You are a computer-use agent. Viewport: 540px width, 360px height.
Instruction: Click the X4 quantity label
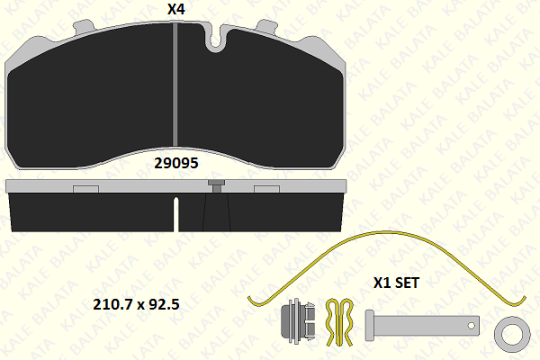click(x=176, y=9)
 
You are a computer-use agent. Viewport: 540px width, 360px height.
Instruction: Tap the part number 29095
click(x=176, y=163)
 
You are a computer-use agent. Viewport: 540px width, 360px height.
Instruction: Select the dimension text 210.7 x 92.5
click(x=137, y=304)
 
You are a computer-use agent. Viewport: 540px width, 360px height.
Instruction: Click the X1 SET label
click(x=396, y=283)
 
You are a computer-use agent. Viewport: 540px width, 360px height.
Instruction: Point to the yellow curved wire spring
click(x=386, y=232)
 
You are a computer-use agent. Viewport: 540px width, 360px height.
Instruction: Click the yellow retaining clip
click(x=339, y=322)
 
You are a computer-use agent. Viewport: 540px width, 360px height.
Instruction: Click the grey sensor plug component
click(x=298, y=322)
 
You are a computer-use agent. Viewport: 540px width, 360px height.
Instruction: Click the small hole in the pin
click(x=471, y=326)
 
